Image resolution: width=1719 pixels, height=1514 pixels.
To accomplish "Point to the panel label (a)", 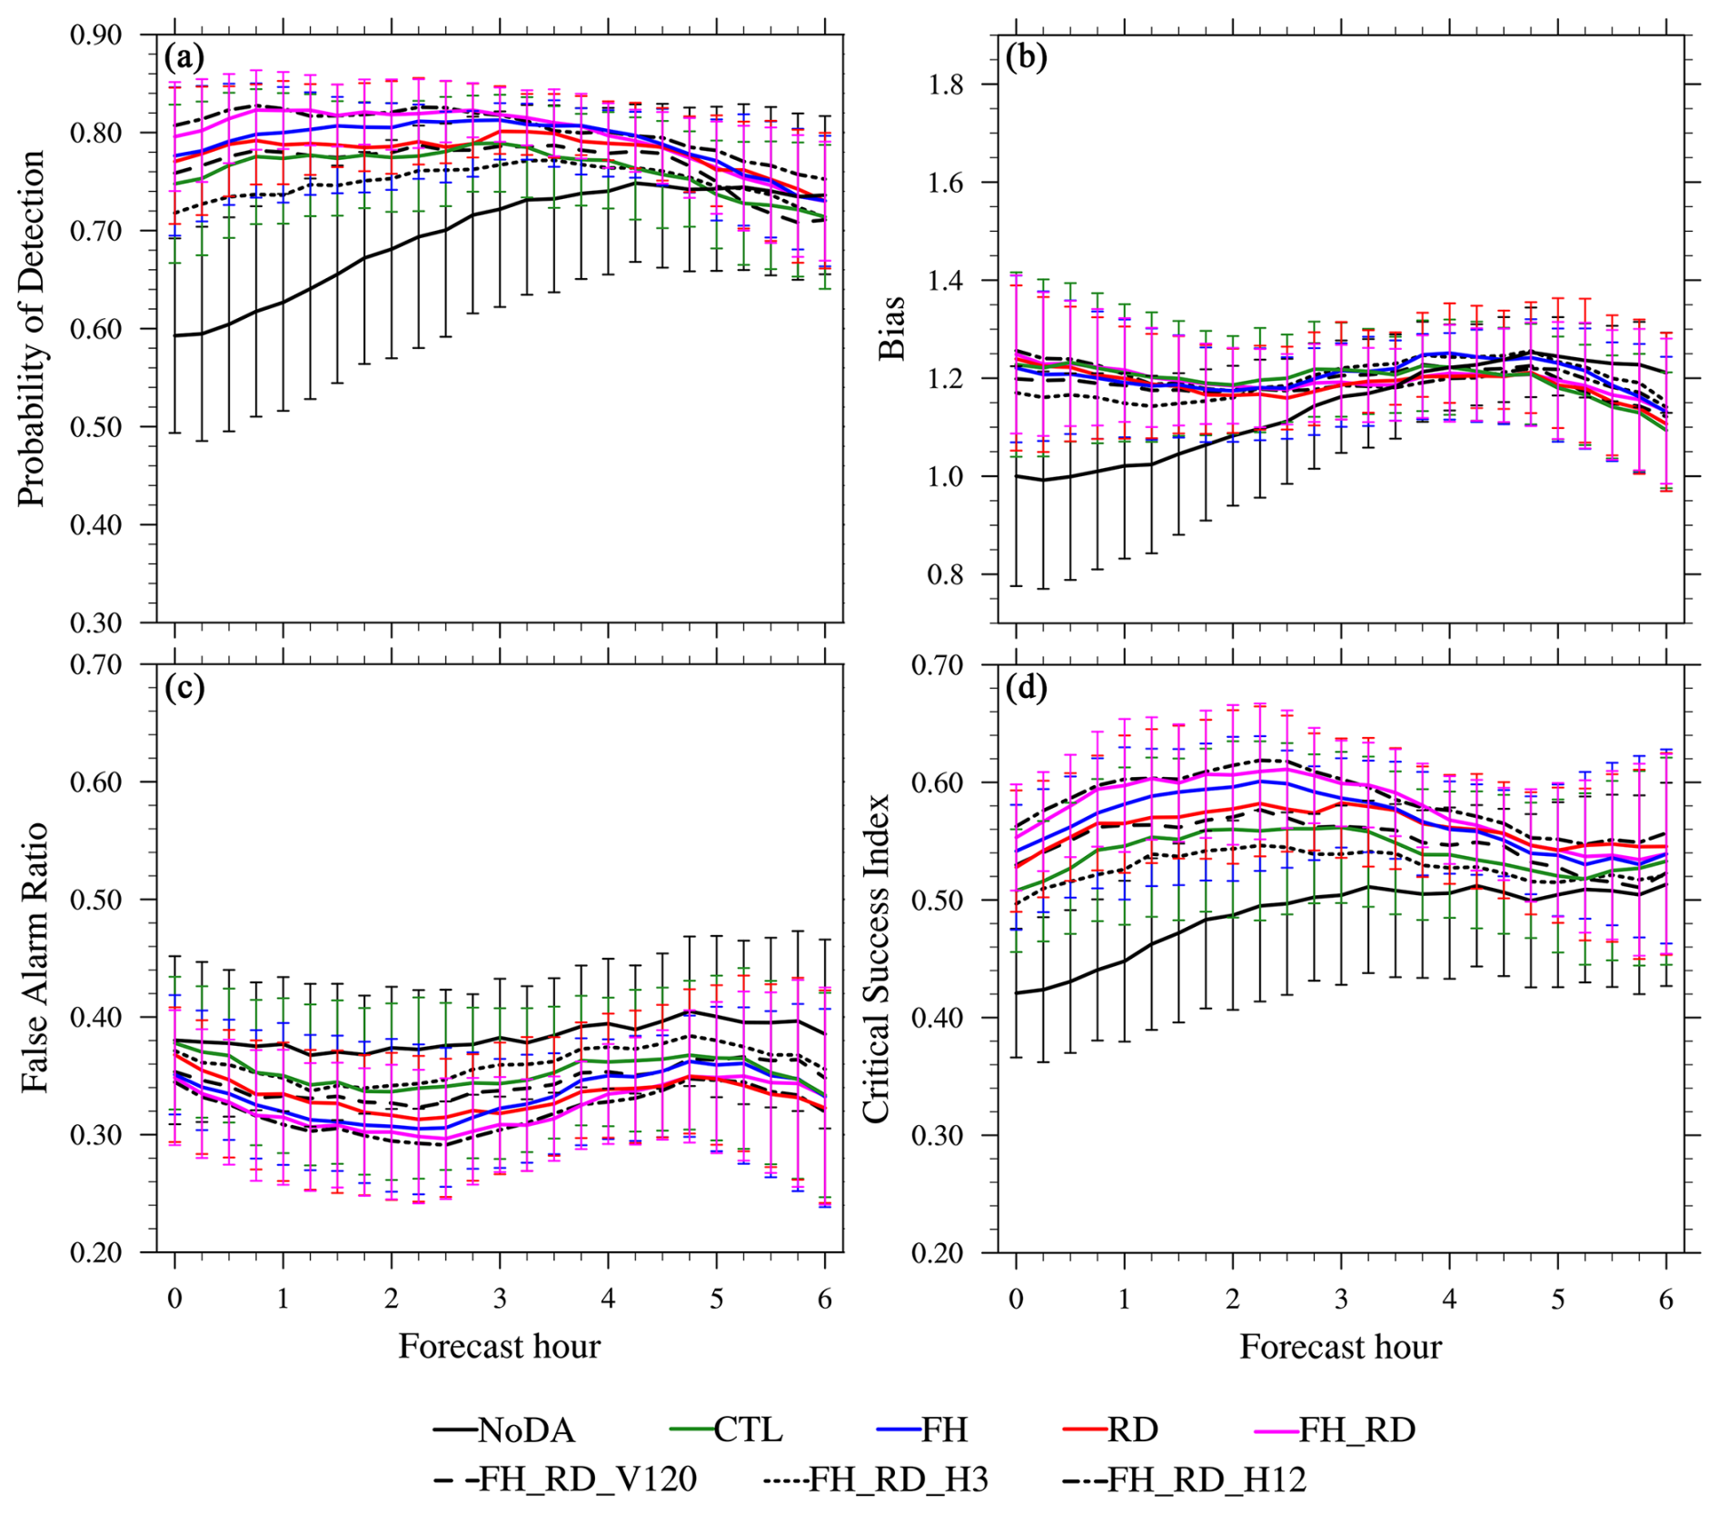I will [x=184, y=58].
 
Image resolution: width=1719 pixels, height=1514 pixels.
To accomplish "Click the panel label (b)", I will [x=1027, y=58].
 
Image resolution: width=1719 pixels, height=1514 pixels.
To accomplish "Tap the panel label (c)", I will [x=184, y=687].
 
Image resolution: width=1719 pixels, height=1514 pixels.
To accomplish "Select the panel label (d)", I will [x=1027, y=687].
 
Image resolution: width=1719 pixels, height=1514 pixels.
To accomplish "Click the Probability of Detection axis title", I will [x=32, y=328].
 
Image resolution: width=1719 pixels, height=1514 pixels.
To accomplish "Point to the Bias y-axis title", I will [x=892, y=328].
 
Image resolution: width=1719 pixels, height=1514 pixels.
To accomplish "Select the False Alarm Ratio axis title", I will [x=34, y=957].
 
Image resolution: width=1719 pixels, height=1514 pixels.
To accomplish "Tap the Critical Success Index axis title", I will [x=876, y=957].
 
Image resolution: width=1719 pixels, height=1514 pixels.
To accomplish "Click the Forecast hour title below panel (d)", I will [x=1340, y=1347].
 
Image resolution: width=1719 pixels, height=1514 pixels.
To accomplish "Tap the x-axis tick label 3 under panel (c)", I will [x=500, y=1300].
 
